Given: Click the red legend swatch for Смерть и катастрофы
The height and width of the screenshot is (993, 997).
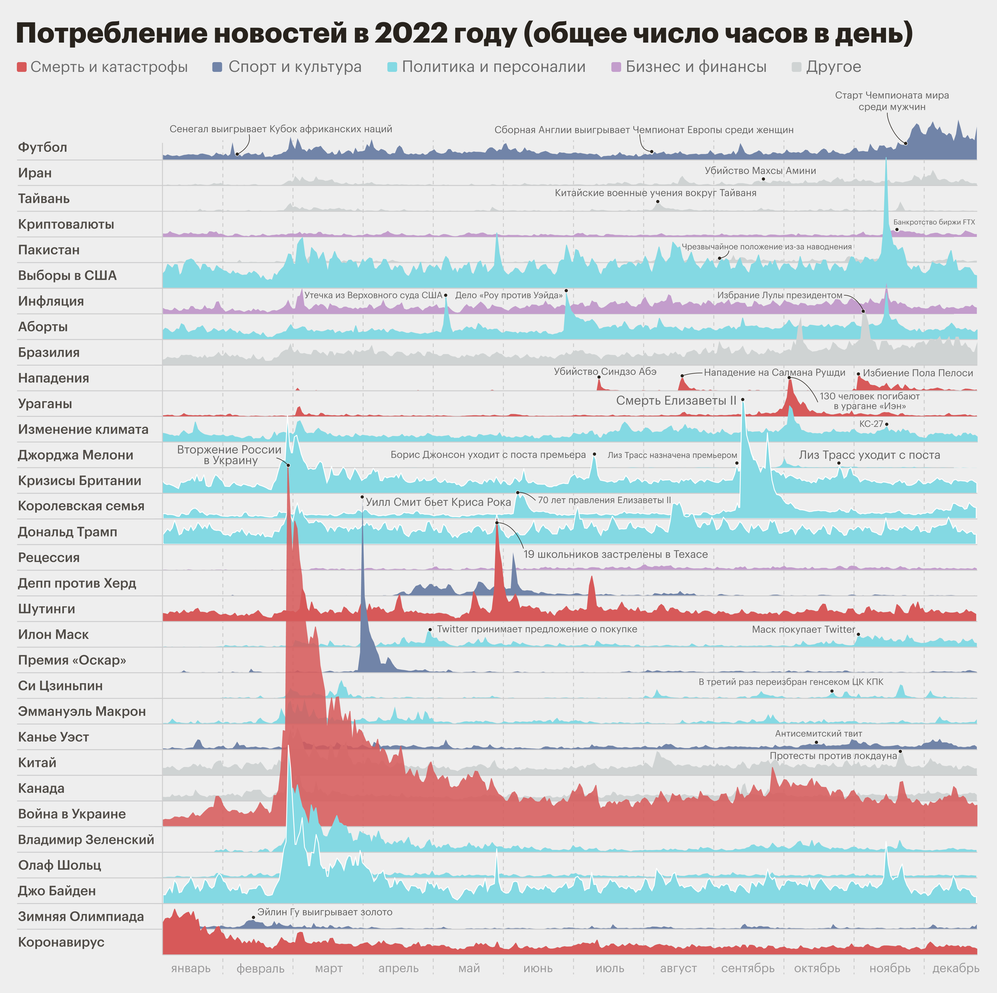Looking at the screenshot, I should click(22, 67).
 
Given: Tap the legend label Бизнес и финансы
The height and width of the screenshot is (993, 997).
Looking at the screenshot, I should click(696, 67).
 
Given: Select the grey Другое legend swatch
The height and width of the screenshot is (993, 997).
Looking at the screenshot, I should click(796, 67).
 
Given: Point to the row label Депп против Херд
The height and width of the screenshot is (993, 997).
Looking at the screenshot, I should click(77, 583).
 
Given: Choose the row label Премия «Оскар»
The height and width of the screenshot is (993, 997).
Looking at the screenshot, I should click(72, 660).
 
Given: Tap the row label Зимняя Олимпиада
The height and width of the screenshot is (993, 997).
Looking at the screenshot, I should click(80, 917).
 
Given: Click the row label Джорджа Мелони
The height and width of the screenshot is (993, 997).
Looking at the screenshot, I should click(75, 455).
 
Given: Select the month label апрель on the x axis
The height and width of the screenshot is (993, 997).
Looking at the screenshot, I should click(398, 968).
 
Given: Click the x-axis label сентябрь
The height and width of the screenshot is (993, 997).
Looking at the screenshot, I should click(748, 968).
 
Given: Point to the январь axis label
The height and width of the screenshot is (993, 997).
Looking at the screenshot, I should click(191, 968).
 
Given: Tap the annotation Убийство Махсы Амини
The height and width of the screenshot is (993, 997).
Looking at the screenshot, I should click(760, 171).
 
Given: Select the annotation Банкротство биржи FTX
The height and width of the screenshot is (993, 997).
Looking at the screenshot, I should click(934, 222).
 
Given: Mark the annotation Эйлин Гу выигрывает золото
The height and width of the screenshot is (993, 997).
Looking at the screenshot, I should click(325, 912).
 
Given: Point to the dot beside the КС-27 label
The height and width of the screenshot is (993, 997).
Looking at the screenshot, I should click(887, 424).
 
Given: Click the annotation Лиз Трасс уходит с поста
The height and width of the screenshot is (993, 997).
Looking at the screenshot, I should click(869, 455).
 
